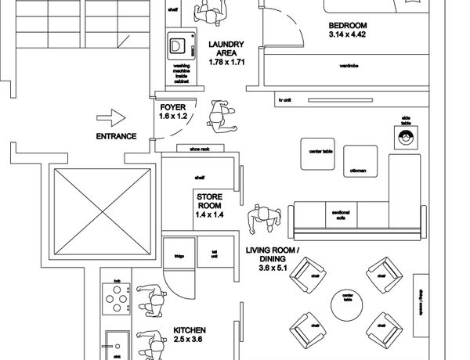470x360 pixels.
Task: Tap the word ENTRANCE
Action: click(116, 136)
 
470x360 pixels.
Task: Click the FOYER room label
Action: click(173, 111)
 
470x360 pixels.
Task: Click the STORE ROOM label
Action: click(210, 204)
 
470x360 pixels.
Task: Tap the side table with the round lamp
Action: click(406, 135)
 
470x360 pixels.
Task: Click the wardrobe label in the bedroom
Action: click(349, 66)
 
